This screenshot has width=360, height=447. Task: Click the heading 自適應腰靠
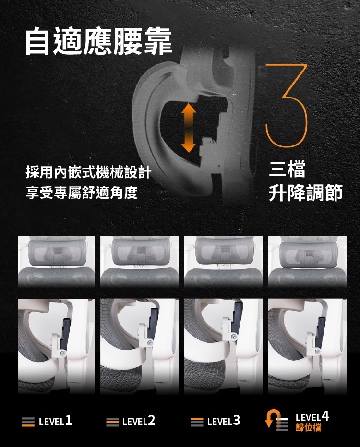pyautogui.click(x=98, y=42)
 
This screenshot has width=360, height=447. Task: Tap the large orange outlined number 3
pyautogui.click(x=287, y=106)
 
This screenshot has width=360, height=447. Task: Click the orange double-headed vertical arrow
pyautogui.click(x=189, y=128)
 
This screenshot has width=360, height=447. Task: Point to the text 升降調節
pyautogui.click(x=306, y=193)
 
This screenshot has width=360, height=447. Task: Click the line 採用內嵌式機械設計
pyautogui.click(x=88, y=172)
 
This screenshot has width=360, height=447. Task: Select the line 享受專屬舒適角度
pyautogui.click(x=82, y=193)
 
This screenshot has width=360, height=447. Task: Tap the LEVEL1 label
pyautogui.click(x=55, y=421)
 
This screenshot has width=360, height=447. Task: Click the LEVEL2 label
pyautogui.click(x=139, y=421)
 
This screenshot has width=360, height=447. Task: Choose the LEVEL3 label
pyautogui.click(x=223, y=421)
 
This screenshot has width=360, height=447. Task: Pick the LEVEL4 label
pyautogui.click(x=312, y=416)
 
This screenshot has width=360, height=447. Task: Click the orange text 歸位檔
pyautogui.click(x=309, y=428)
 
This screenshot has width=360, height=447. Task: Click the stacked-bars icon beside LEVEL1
pyautogui.click(x=28, y=422)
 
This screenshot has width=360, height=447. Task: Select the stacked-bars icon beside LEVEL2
pyautogui.click(x=112, y=422)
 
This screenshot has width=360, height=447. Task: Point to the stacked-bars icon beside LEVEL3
pyautogui.click(x=197, y=422)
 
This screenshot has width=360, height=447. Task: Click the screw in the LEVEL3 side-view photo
pyautogui.click(x=233, y=337)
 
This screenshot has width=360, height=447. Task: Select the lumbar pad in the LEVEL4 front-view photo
pyautogui.click(x=307, y=254)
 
